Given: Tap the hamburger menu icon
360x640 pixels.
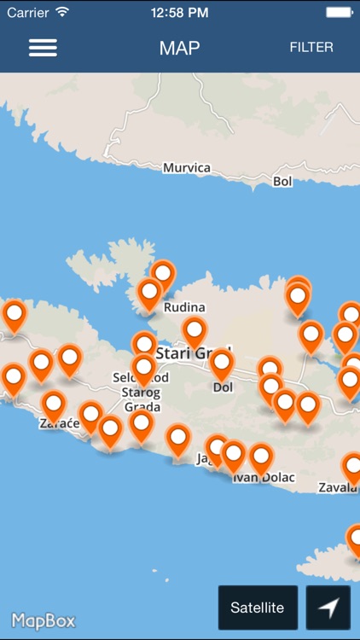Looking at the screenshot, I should [x=43, y=48].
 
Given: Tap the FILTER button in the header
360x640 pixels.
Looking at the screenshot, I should [x=311, y=47].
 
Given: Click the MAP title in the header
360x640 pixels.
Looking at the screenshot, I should [x=179, y=48].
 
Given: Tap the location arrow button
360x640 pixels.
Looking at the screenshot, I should [x=328, y=607].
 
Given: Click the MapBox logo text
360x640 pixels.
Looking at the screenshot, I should [x=44, y=620].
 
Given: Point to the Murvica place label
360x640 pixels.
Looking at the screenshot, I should [x=186, y=167].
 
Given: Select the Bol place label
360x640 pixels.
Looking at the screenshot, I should [x=282, y=181].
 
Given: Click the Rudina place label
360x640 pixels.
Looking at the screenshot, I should [x=186, y=307].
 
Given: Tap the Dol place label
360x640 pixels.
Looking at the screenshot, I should [x=223, y=387].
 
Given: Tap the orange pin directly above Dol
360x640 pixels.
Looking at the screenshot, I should [x=222, y=364].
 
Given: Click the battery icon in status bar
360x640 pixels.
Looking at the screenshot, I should [x=337, y=13].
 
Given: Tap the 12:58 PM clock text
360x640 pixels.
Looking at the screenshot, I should [x=179, y=13].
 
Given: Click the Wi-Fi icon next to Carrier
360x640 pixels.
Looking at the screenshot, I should [x=62, y=13].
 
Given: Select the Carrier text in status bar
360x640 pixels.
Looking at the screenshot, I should [x=27, y=13].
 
